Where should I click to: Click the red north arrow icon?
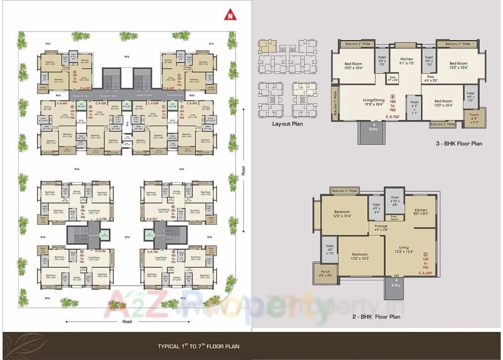click(x=229, y=16)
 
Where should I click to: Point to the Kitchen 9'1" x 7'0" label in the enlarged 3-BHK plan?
click(x=407, y=61)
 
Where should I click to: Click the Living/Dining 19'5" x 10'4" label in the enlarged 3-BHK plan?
click(x=373, y=102)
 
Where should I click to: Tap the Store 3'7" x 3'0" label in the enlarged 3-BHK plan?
click(x=393, y=79)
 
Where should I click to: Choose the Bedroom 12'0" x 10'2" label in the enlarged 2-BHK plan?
click(x=359, y=257)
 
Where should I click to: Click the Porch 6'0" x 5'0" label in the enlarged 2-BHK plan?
click(x=325, y=274)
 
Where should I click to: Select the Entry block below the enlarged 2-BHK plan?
click(x=396, y=287)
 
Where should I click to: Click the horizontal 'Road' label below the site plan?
click(x=127, y=322)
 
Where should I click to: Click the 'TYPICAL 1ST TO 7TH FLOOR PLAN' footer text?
click(x=199, y=346)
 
